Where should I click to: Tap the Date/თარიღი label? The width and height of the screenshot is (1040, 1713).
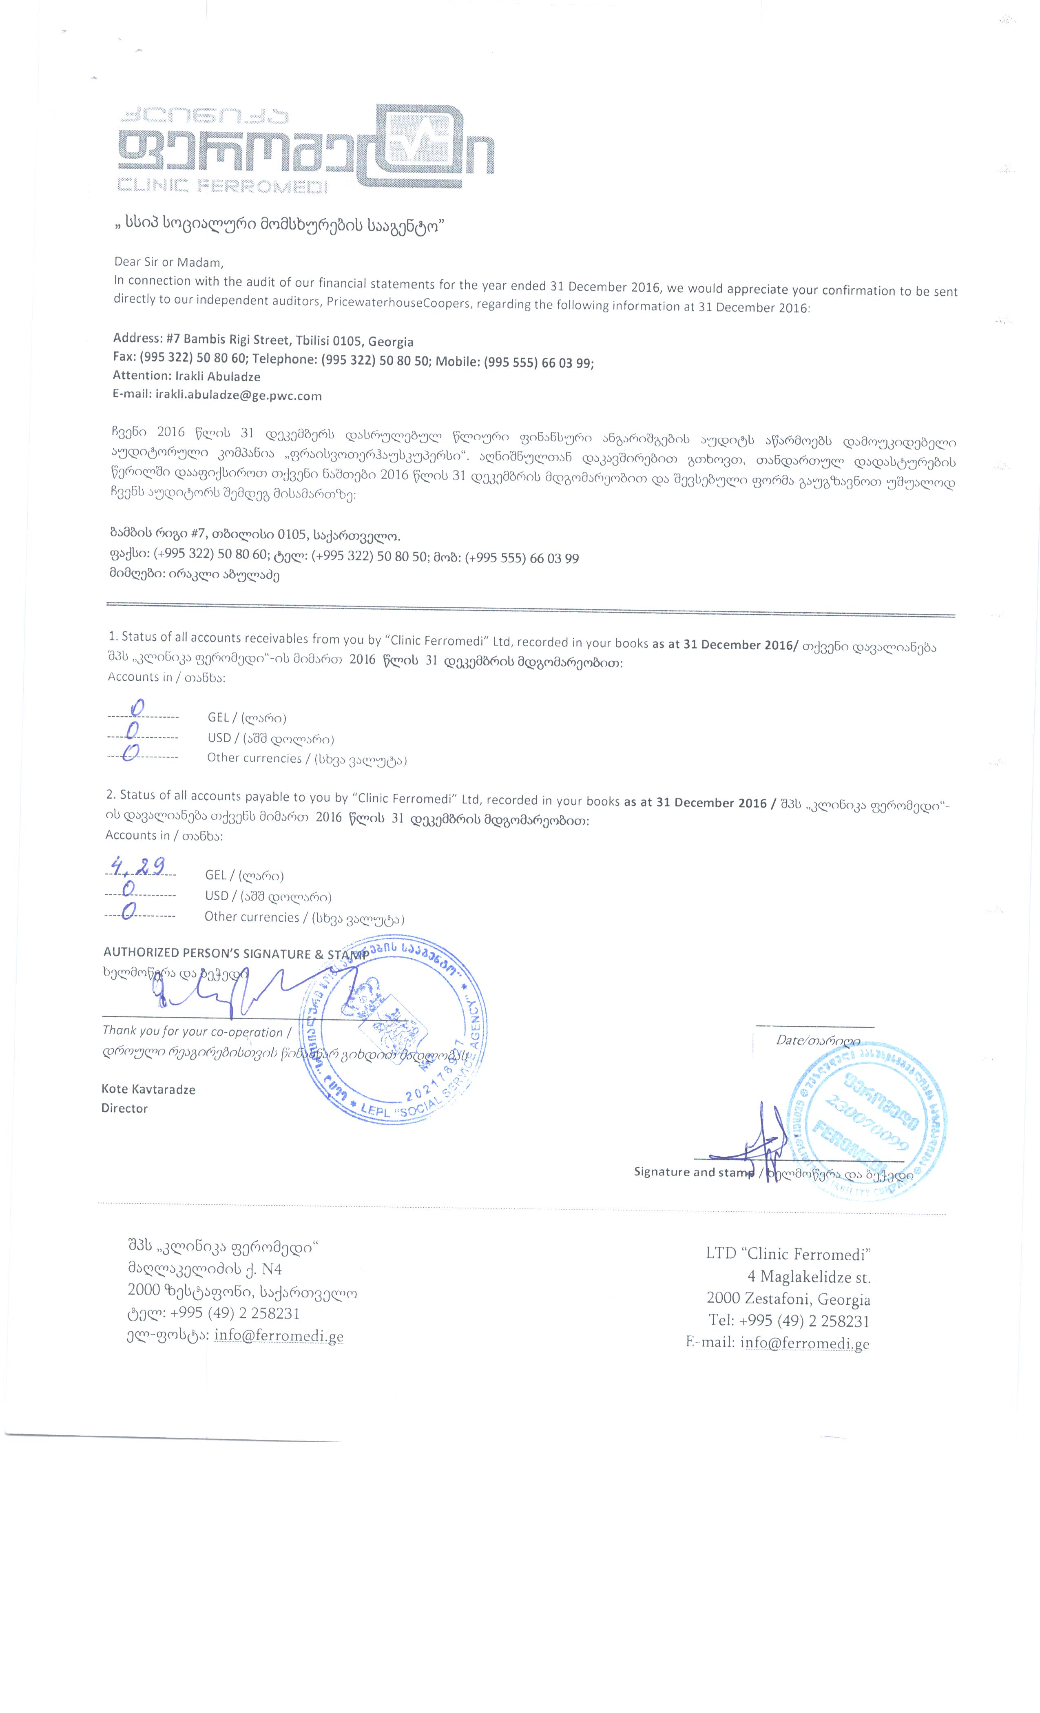[x=818, y=1041]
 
